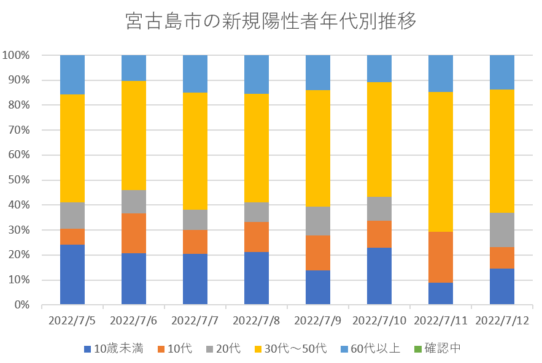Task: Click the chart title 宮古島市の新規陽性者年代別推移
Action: pos(271,21)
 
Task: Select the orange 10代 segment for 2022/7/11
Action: pos(441,257)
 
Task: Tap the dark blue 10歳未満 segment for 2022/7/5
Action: pos(72,274)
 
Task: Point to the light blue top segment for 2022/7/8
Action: pos(257,74)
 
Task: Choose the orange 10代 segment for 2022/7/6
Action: pos(134,233)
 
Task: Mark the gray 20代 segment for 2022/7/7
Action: pos(195,220)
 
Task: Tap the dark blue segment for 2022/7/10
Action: pos(379,276)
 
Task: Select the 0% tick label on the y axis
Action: pos(21,305)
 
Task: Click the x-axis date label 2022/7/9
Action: pos(318,321)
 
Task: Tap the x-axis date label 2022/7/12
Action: pos(502,321)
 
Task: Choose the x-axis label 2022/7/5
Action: pos(72,321)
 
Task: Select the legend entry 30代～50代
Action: pos(293,349)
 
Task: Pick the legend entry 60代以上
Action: pos(377,349)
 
